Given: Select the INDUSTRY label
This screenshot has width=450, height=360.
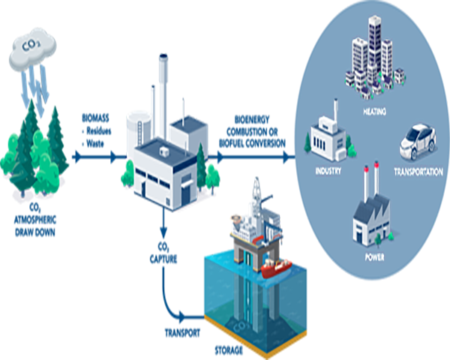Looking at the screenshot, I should tap(328, 170).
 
